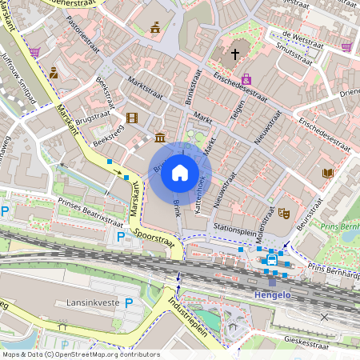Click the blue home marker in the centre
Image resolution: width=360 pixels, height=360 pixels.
(180, 173)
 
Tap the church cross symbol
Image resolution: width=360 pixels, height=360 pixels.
(235, 54)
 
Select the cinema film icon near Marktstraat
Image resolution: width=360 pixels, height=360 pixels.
(131, 118)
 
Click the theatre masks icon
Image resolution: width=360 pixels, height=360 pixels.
(283, 214)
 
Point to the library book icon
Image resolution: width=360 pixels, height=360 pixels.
(327, 173)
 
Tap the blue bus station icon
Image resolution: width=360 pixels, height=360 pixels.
(271, 259)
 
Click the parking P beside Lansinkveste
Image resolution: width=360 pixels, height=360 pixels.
(129, 303)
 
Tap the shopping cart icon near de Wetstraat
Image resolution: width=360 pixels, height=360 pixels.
(346, 47)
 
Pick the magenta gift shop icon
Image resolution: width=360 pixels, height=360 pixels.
(246, 78)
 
